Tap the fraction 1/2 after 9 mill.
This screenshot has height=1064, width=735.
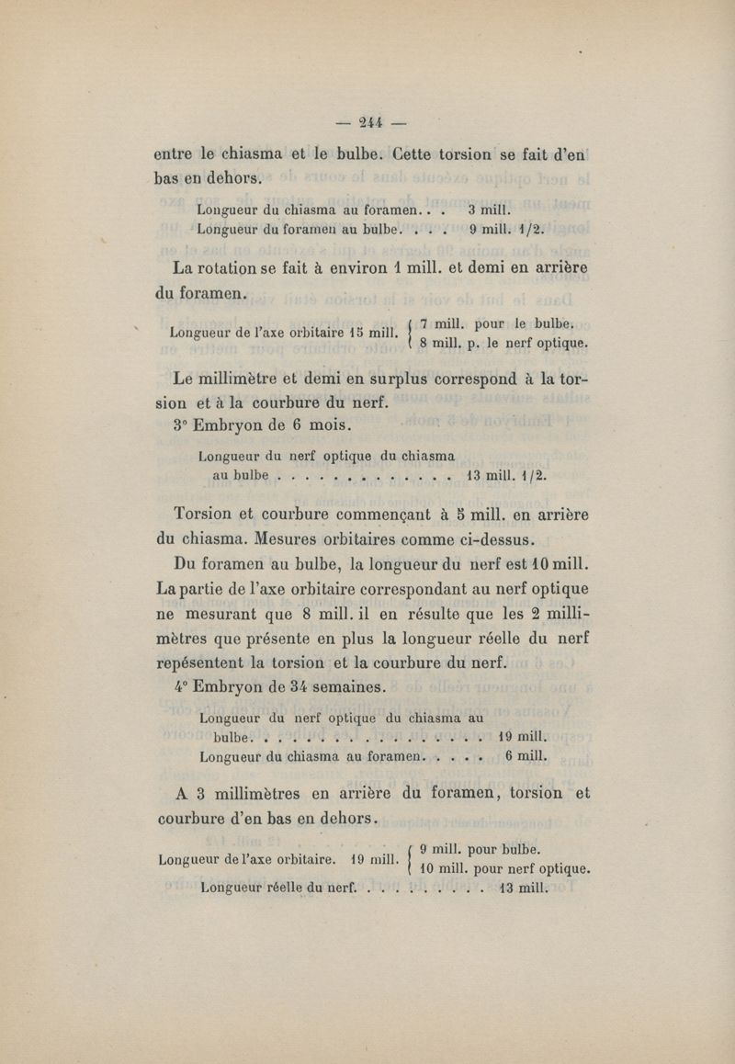[536, 230]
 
